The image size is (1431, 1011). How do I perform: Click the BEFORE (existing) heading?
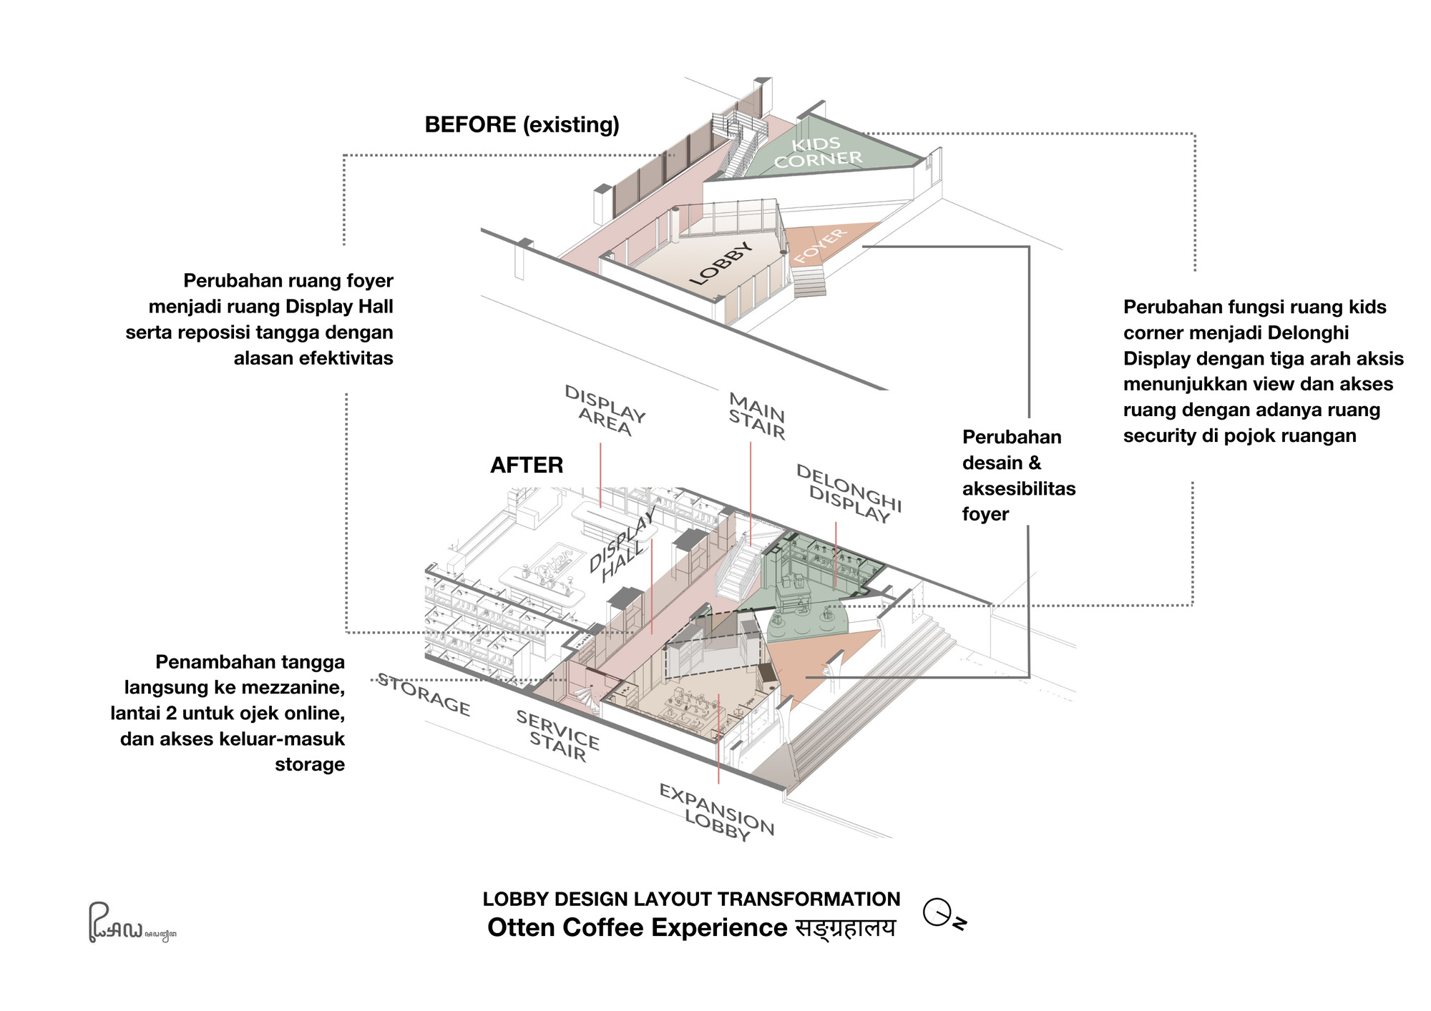pyautogui.click(x=522, y=125)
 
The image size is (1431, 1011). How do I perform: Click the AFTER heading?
pyautogui.click(x=527, y=465)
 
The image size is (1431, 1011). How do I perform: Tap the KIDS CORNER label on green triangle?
pyautogui.click(x=818, y=152)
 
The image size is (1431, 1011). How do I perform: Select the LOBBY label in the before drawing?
pyautogui.click(x=721, y=263)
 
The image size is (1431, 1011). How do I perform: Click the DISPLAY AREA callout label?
pyautogui.click(x=605, y=411)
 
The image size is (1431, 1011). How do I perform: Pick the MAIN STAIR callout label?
pyautogui.click(x=757, y=416)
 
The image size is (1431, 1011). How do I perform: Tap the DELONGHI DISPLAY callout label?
pyautogui.click(x=849, y=493)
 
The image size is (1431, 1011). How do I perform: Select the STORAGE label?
pyautogui.click(x=424, y=694)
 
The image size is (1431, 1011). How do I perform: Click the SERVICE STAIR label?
pyautogui.click(x=557, y=736)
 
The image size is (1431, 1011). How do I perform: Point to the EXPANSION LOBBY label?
pyautogui.click(x=716, y=812)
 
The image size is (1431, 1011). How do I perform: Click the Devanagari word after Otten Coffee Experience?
pyautogui.click(x=845, y=928)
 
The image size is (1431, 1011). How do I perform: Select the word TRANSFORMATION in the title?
pyautogui.click(x=809, y=899)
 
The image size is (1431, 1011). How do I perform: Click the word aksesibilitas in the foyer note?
pyautogui.click(x=1019, y=489)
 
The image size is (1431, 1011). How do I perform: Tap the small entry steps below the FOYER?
pyautogui.click(x=809, y=280)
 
